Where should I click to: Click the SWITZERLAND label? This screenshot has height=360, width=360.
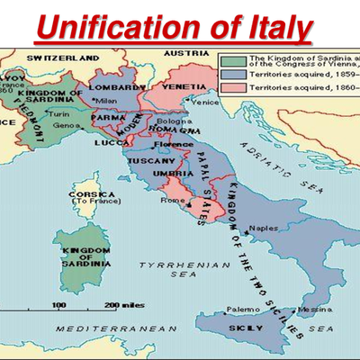click(62, 57)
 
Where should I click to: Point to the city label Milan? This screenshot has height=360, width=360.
click(106, 99)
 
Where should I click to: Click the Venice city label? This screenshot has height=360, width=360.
click(204, 102)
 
